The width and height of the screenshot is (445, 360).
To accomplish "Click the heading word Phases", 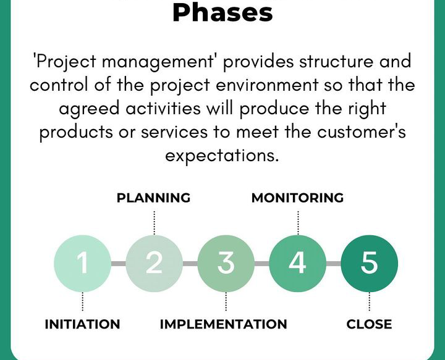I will [x=222, y=12].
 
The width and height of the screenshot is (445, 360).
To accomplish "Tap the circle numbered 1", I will [x=82, y=264].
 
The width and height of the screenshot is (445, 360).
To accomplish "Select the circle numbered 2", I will [x=154, y=264].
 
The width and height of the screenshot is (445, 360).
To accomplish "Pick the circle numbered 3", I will [x=226, y=264].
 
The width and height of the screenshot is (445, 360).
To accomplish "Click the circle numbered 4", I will [x=297, y=264].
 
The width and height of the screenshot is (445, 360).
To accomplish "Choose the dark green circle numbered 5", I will [x=369, y=264].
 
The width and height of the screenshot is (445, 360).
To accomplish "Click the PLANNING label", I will [x=153, y=198].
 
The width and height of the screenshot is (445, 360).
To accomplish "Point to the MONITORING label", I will [x=297, y=198].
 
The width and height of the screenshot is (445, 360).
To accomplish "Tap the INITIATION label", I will [x=82, y=324].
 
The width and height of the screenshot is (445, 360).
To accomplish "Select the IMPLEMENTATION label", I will [x=223, y=324].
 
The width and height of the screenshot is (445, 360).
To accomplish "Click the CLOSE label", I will [x=369, y=324].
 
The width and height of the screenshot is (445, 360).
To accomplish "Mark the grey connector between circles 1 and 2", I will [x=118, y=264].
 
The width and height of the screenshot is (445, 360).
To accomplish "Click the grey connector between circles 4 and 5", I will [x=333, y=264].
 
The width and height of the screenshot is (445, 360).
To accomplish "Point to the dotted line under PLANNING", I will [x=154, y=222].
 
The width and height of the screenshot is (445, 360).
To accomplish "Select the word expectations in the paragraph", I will [x=222, y=156].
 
